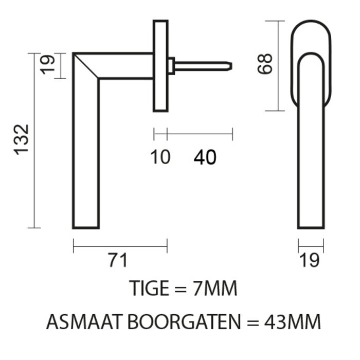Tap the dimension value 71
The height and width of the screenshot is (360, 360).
(x=117, y=260)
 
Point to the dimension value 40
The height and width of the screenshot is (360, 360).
(x=205, y=158)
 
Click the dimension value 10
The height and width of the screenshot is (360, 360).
(x=160, y=157)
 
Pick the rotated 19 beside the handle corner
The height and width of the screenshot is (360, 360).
(x=48, y=65)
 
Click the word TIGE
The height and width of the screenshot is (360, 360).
(x=150, y=289)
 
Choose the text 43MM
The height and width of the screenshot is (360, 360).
(x=295, y=322)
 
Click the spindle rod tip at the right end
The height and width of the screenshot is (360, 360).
(x=230, y=66)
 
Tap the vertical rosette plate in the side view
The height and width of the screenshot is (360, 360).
(x=160, y=65)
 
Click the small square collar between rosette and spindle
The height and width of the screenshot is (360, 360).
(x=171, y=66)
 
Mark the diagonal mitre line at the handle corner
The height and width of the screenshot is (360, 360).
(x=86, y=65)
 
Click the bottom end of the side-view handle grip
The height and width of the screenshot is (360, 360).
(x=86, y=226)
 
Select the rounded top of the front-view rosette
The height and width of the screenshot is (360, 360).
(x=311, y=25)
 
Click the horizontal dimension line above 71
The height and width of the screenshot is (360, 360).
(x=120, y=246)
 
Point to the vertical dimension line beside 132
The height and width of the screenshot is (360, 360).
(x=34, y=140)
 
